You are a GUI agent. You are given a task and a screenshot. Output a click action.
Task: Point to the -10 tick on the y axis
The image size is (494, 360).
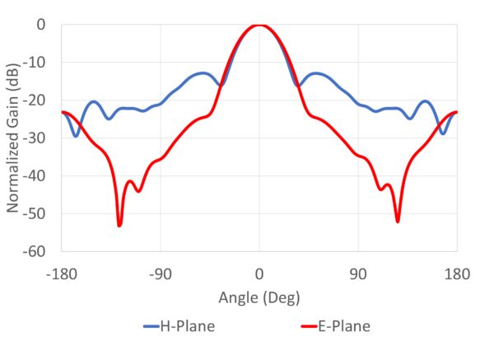click(34, 63)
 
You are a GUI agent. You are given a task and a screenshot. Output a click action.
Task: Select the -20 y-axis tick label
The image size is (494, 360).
click(34, 101)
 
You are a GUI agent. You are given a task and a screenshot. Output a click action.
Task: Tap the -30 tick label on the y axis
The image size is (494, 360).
click(34, 138)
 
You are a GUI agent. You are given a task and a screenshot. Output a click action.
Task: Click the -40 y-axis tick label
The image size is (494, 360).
click(34, 176)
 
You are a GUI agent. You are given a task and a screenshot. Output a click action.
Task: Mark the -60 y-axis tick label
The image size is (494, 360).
click(34, 251)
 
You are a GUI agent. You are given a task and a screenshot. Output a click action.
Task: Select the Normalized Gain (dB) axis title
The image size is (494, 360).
click(14, 138)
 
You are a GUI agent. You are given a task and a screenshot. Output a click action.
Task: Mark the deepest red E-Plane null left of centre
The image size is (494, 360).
click(119, 225)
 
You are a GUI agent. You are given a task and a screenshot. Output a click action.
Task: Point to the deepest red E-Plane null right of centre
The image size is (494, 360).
click(398, 221)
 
